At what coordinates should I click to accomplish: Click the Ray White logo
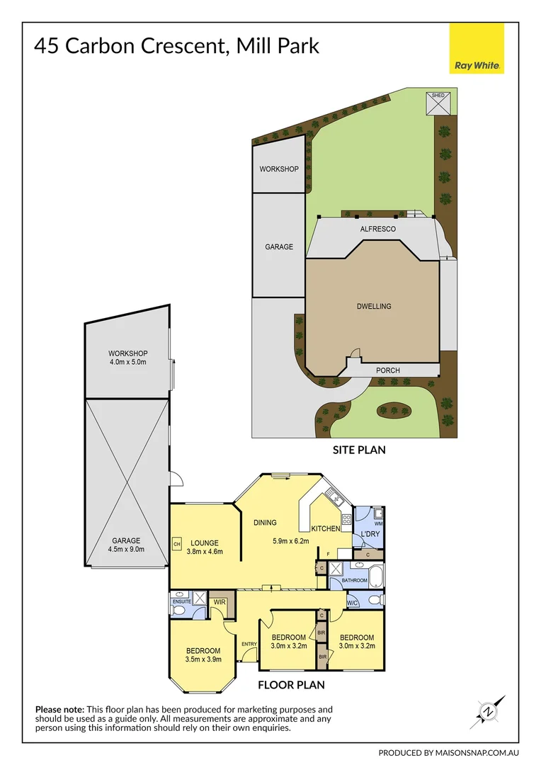coord(477,47)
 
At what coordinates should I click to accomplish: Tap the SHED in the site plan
coord(438,103)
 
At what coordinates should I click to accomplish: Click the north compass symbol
coord(488,710)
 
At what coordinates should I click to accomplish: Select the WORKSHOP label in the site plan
coord(278,169)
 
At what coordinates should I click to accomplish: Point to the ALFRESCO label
coord(378,229)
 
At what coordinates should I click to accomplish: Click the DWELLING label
coord(374,307)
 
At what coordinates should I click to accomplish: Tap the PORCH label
coord(387,370)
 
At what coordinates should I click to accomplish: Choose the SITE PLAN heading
coord(359,449)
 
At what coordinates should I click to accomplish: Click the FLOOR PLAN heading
coord(291,685)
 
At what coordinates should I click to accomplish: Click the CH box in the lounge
coord(176,544)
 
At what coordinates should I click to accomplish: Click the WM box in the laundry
coord(379,523)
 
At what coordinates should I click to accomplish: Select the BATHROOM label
coord(355,580)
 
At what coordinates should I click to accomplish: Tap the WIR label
coord(220,602)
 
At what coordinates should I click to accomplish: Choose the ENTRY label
coord(249,644)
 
